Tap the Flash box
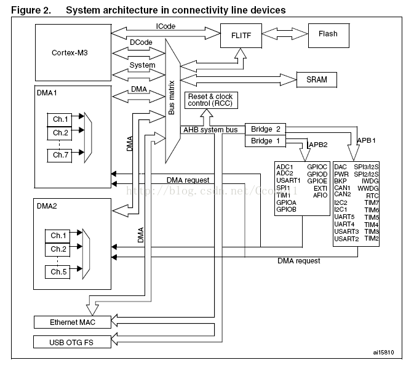[x=328, y=34]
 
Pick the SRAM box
[x=317, y=79]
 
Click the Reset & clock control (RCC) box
[x=210, y=101]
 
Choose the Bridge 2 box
[x=266, y=129]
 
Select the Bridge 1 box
[x=266, y=141]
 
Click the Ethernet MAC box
[x=73, y=322]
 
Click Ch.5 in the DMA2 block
[x=60, y=272]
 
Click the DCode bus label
[x=141, y=42]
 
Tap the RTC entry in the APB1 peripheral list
[x=372, y=196]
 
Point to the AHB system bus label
[x=210, y=130]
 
